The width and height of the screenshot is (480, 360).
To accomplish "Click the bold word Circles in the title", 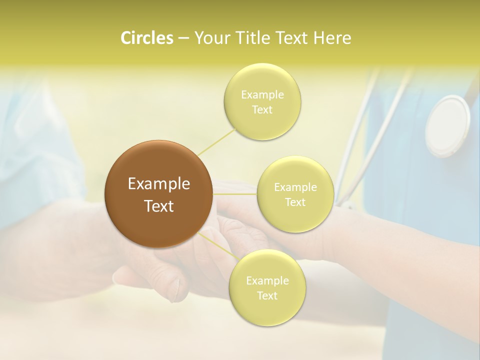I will click(146, 38).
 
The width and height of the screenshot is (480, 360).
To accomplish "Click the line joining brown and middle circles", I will click(235, 193).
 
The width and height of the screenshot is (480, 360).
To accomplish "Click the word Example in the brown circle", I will click(159, 184).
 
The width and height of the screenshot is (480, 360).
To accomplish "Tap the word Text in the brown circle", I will click(159, 206).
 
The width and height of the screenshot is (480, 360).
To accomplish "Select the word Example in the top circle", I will click(262, 95).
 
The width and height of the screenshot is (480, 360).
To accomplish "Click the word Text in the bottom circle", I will click(267, 296).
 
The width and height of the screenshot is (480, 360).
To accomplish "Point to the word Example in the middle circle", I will click(295, 187).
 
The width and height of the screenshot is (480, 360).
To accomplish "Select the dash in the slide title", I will click(183, 38).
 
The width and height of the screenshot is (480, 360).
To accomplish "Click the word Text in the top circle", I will click(262, 110).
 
